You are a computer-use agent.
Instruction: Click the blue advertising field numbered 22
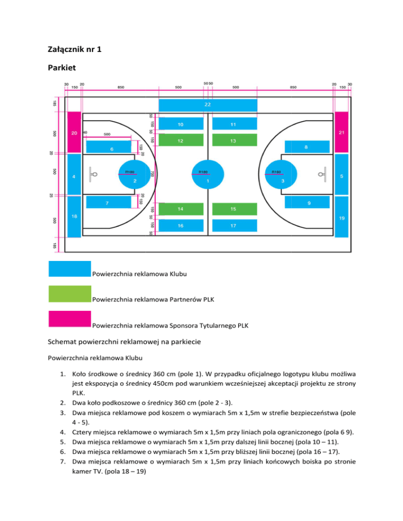click(208, 105)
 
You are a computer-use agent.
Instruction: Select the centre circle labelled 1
click(208, 175)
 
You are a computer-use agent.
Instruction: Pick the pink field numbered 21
click(342, 132)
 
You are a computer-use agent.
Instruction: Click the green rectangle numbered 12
click(181, 140)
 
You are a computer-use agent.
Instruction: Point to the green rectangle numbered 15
click(234, 209)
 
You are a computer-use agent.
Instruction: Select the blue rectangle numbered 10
click(181, 124)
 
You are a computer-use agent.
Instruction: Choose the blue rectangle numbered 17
click(234, 225)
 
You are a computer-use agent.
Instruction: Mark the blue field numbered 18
click(74, 217)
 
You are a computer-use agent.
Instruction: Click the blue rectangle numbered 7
click(108, 202)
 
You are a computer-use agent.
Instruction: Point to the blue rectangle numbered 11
click(234, 124)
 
